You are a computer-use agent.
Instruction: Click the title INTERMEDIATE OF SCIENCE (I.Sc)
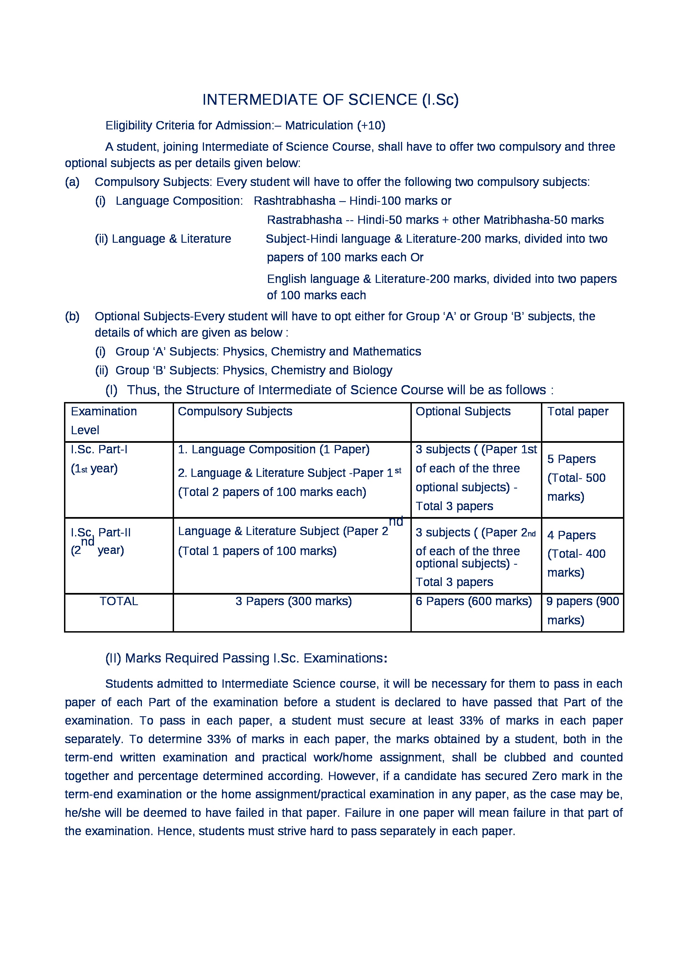tap(330, 99)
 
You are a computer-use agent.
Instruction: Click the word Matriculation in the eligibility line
tap(319, 126)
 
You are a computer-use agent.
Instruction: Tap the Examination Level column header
tap(104, 420)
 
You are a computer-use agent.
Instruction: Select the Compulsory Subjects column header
tap(235, 411)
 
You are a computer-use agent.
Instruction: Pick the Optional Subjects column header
tap(463, 411)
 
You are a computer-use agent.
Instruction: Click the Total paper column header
tap(578, 411)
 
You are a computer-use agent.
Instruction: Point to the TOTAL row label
tap(119, 601)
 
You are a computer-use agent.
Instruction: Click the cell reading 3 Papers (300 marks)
tap(293, 601)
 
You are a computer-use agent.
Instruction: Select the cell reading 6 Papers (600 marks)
tap(474, 601)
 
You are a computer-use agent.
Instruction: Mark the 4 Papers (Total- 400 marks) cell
tap(576, 553)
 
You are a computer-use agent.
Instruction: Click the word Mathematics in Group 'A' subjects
tap(387, 352)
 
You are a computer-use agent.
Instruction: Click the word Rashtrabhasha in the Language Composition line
tap(294, 201)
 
